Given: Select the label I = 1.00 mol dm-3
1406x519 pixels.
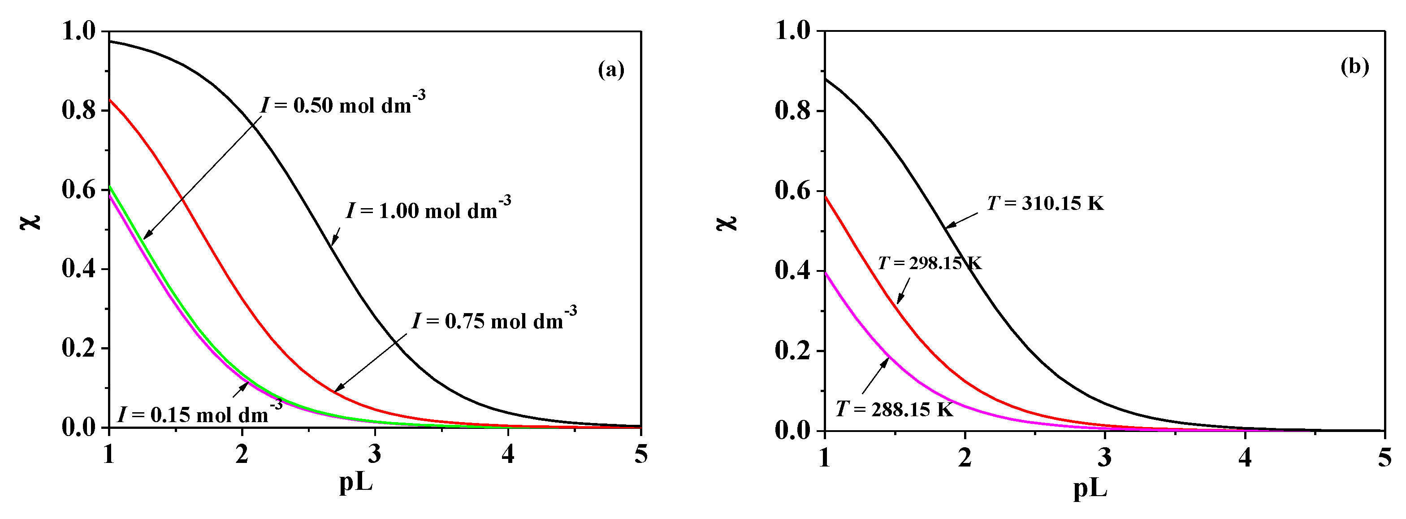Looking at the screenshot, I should click(x=428, y=210).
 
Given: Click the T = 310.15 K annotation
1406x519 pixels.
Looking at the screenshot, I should click(x=1045, y=204).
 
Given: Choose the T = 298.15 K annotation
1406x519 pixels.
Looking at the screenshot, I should click(x=930, y=263).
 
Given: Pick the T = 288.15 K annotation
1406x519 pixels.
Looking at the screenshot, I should click(x=895, y=409).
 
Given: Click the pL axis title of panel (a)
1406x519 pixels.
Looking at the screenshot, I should click(x=356, y=484).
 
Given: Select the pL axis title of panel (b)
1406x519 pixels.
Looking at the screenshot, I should click(x=1090, y=489).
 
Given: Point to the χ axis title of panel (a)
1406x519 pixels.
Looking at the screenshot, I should click(x=32, y=221).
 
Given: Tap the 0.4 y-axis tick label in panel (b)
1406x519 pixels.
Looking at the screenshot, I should click(x=792, y=271).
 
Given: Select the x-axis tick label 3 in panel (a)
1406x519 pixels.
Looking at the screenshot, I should click(x=374, y=454).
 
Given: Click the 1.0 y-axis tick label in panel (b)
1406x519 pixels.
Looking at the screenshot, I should click(x=792, y=31).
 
